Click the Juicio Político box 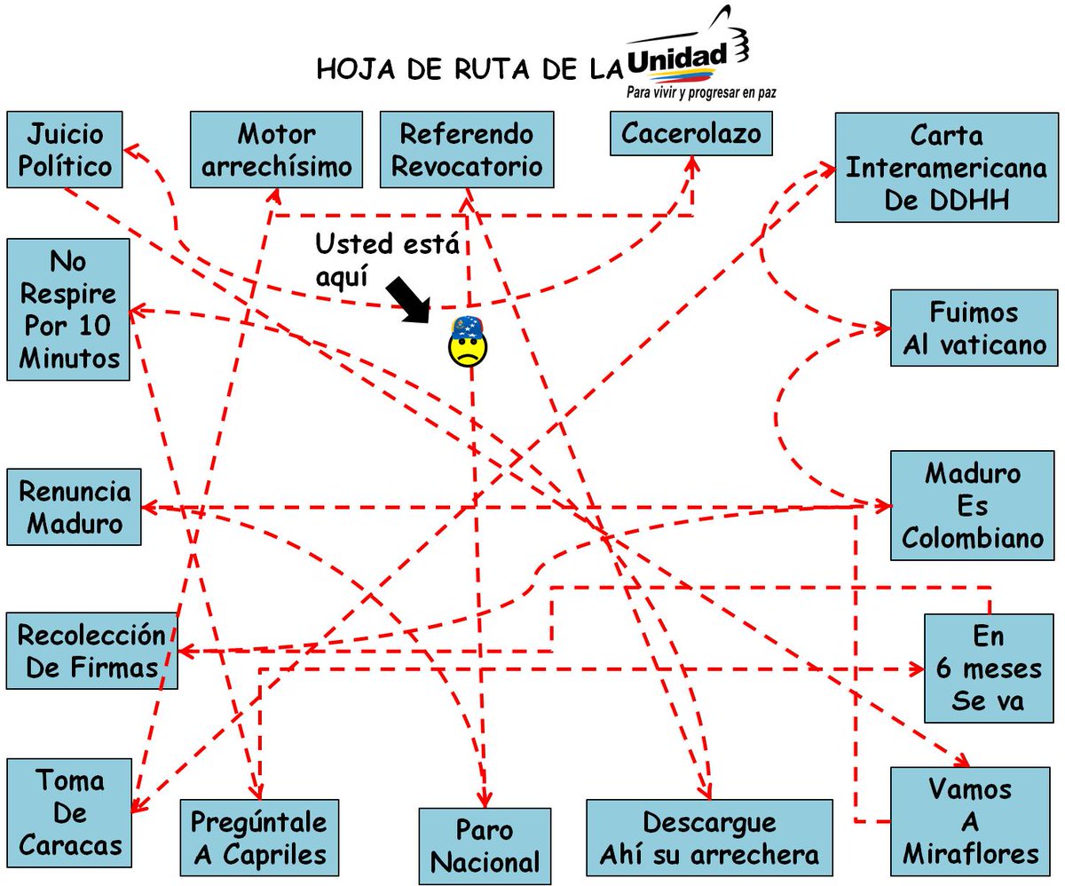click(x=64, y=149)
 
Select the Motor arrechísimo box click(x=276, y=149)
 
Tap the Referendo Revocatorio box click(x=467, y=149)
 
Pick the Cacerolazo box click(x=690, y=134)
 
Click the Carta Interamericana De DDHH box click(x=945, y=168)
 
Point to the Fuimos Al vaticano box click(x=974, y=328)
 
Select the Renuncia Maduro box click(x=75, y=507)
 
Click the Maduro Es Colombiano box click(x=974, y=505)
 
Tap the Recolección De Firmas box click(x=91, y=651)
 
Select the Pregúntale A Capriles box click(x=259, y=838)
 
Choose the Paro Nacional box click(x=485, y=846)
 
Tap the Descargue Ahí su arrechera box click(x=709, y=838)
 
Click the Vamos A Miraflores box click(x=971, y=820)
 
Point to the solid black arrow click(x=408, y=300)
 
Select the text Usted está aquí click(x=388, y=257)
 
